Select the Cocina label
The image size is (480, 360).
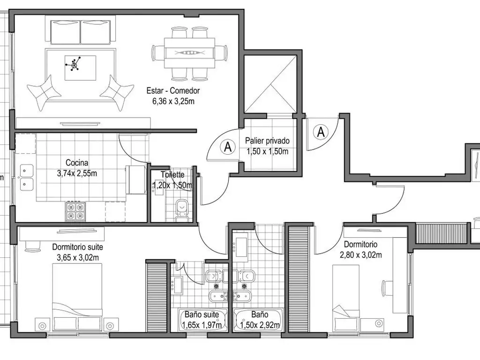[77, 163]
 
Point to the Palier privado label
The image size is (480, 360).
[267, 141]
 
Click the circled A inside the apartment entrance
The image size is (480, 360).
[228, 147]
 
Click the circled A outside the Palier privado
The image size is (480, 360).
[321, 132]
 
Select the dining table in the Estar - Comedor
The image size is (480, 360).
[190, 52]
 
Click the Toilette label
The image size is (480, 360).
[172, 175]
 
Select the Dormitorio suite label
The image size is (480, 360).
[77, 247]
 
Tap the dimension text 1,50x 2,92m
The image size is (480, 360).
[260, 325]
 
